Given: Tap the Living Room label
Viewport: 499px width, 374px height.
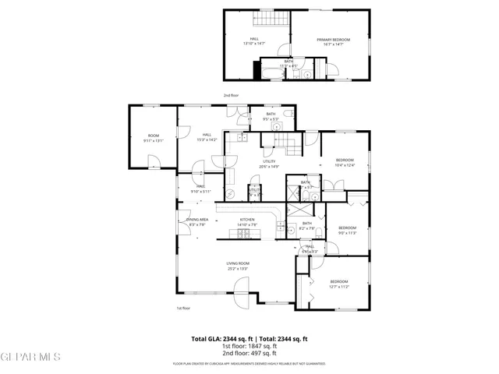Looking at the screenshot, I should [x=238, y=266].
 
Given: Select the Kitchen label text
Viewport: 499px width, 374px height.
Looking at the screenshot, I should [x=247, y=221].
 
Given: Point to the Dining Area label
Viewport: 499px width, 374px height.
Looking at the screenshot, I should [x=196, y=222].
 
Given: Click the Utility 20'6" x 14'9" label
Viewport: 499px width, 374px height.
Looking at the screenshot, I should [x=269, y=164].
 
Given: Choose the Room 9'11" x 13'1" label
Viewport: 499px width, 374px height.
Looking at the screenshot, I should [x=152, y=138].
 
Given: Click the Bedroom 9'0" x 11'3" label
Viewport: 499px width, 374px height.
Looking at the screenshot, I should [x=347, y=230].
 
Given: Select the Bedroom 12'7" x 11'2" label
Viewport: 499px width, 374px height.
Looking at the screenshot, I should [x=338, y=283].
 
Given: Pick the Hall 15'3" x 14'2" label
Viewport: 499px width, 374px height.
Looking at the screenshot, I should [x=207, y=137].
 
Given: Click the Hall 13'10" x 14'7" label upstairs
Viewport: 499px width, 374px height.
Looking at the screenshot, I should [x=254, y=41].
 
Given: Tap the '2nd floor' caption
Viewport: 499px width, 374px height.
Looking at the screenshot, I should [x=231, y=95].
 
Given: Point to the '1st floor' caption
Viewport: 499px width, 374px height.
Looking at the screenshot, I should [x=183, y=308].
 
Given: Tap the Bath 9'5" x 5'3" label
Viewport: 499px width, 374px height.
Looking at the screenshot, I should [x=271, y=117].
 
